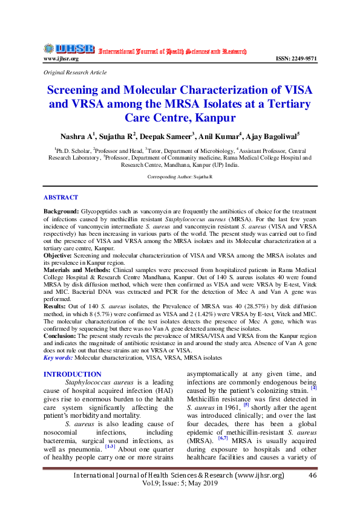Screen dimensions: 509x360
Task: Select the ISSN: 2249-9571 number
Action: point(296,59)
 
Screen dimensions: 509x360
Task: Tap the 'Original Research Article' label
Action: point(75,73)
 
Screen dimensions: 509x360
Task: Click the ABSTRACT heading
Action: point(61,198)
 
